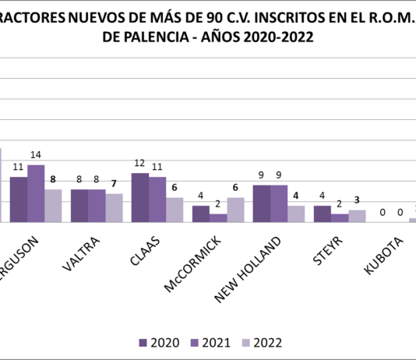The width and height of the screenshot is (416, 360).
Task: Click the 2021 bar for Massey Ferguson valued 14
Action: click(x=36, y=193)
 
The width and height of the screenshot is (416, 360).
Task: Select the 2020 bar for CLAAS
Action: click(x=140, y=198)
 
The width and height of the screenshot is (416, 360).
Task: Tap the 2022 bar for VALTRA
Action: click(x=114, y=208)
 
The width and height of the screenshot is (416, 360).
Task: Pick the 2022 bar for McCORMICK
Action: click(x=235, y=210)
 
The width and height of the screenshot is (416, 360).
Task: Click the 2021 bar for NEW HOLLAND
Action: click(x=279, y=203)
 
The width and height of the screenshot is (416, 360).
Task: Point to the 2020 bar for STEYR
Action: click(x=322, y=214)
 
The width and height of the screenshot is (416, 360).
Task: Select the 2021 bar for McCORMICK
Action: click(x=218, y=218)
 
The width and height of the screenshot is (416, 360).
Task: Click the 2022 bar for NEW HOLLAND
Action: click(x=296, y=214)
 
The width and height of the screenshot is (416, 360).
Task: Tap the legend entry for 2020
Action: click(x=159, y=342)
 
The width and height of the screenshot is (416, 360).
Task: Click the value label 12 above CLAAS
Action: click(x=140, y=164)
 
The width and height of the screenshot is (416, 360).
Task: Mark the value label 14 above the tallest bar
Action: click(x=36, y=155)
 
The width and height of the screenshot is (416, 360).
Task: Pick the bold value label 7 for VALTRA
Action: click(x=115, y=185)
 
